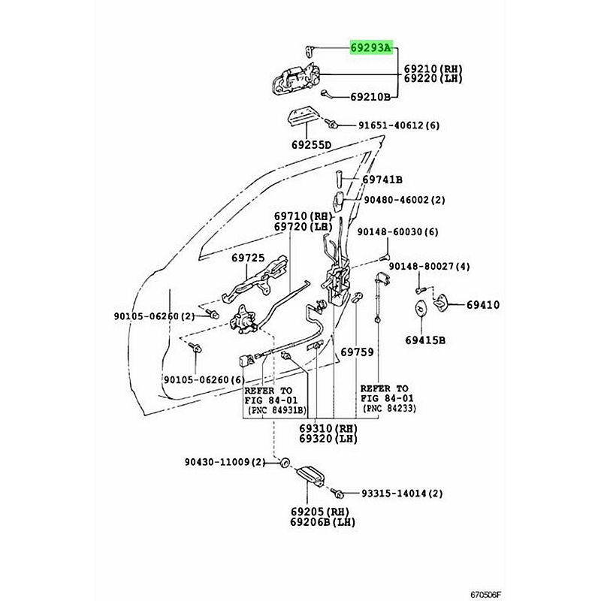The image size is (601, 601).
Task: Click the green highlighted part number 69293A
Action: point(370,48)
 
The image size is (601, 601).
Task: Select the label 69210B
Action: point(370,97)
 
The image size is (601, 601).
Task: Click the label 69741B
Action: point(382,180)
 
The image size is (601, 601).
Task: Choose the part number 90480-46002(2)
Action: point(405,201)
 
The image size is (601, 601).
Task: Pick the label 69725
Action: point(247,258)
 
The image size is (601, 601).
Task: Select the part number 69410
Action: point(483,305)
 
